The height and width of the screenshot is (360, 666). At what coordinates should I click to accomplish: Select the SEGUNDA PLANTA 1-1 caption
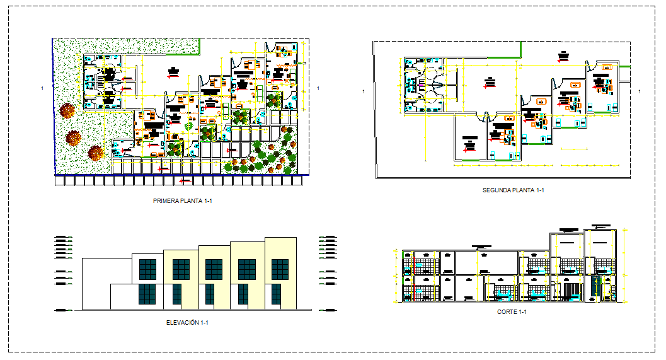[513, 190]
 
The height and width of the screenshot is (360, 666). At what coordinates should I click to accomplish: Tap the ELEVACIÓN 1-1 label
[187, 323]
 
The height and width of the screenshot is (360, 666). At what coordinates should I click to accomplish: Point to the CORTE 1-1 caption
[512, 312]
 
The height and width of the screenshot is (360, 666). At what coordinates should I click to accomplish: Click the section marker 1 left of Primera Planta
[42, 88]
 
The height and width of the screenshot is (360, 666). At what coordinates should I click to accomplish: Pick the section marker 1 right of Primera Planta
[319, 88]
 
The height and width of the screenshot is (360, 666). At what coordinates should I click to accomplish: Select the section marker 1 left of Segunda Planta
[364, 92]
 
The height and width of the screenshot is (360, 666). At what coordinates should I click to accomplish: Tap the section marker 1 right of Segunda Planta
[640, 92]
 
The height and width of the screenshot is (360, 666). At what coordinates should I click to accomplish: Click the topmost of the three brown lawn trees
[67, 111]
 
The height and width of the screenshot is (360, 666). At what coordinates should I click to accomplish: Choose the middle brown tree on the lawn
[74, 137]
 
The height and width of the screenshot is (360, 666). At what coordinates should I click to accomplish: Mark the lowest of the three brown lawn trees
[96, 153]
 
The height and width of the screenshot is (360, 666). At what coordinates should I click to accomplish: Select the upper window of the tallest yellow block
[279, 269]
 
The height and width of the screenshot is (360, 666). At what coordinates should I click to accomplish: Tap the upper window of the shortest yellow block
[181, 269]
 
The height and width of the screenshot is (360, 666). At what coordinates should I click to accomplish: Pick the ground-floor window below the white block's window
[147, 294]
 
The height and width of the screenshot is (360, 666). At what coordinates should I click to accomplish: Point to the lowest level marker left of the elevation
[61, 310]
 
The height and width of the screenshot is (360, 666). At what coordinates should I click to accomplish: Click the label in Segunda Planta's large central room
[489, 81]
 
